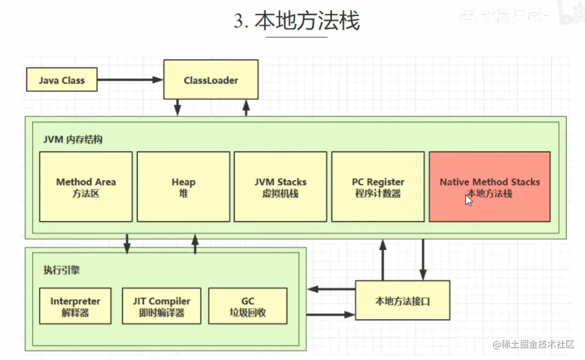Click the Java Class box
pos(61,81)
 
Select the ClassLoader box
pos(211,80)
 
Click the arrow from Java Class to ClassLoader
pos(130,80)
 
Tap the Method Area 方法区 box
pos(86,187)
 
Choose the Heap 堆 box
pos(183,187)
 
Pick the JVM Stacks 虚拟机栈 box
pos(280,187)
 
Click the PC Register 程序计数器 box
pos(378,187)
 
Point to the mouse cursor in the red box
pos(469,200)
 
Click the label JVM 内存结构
pos(72,139)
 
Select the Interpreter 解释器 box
pos(75,306)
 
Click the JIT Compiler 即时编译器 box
pos(161,306)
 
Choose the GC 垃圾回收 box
pos(248,306)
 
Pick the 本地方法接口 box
pos(402,300)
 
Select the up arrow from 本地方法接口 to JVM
pos(382,260)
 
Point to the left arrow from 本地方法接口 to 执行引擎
pos(332,290)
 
